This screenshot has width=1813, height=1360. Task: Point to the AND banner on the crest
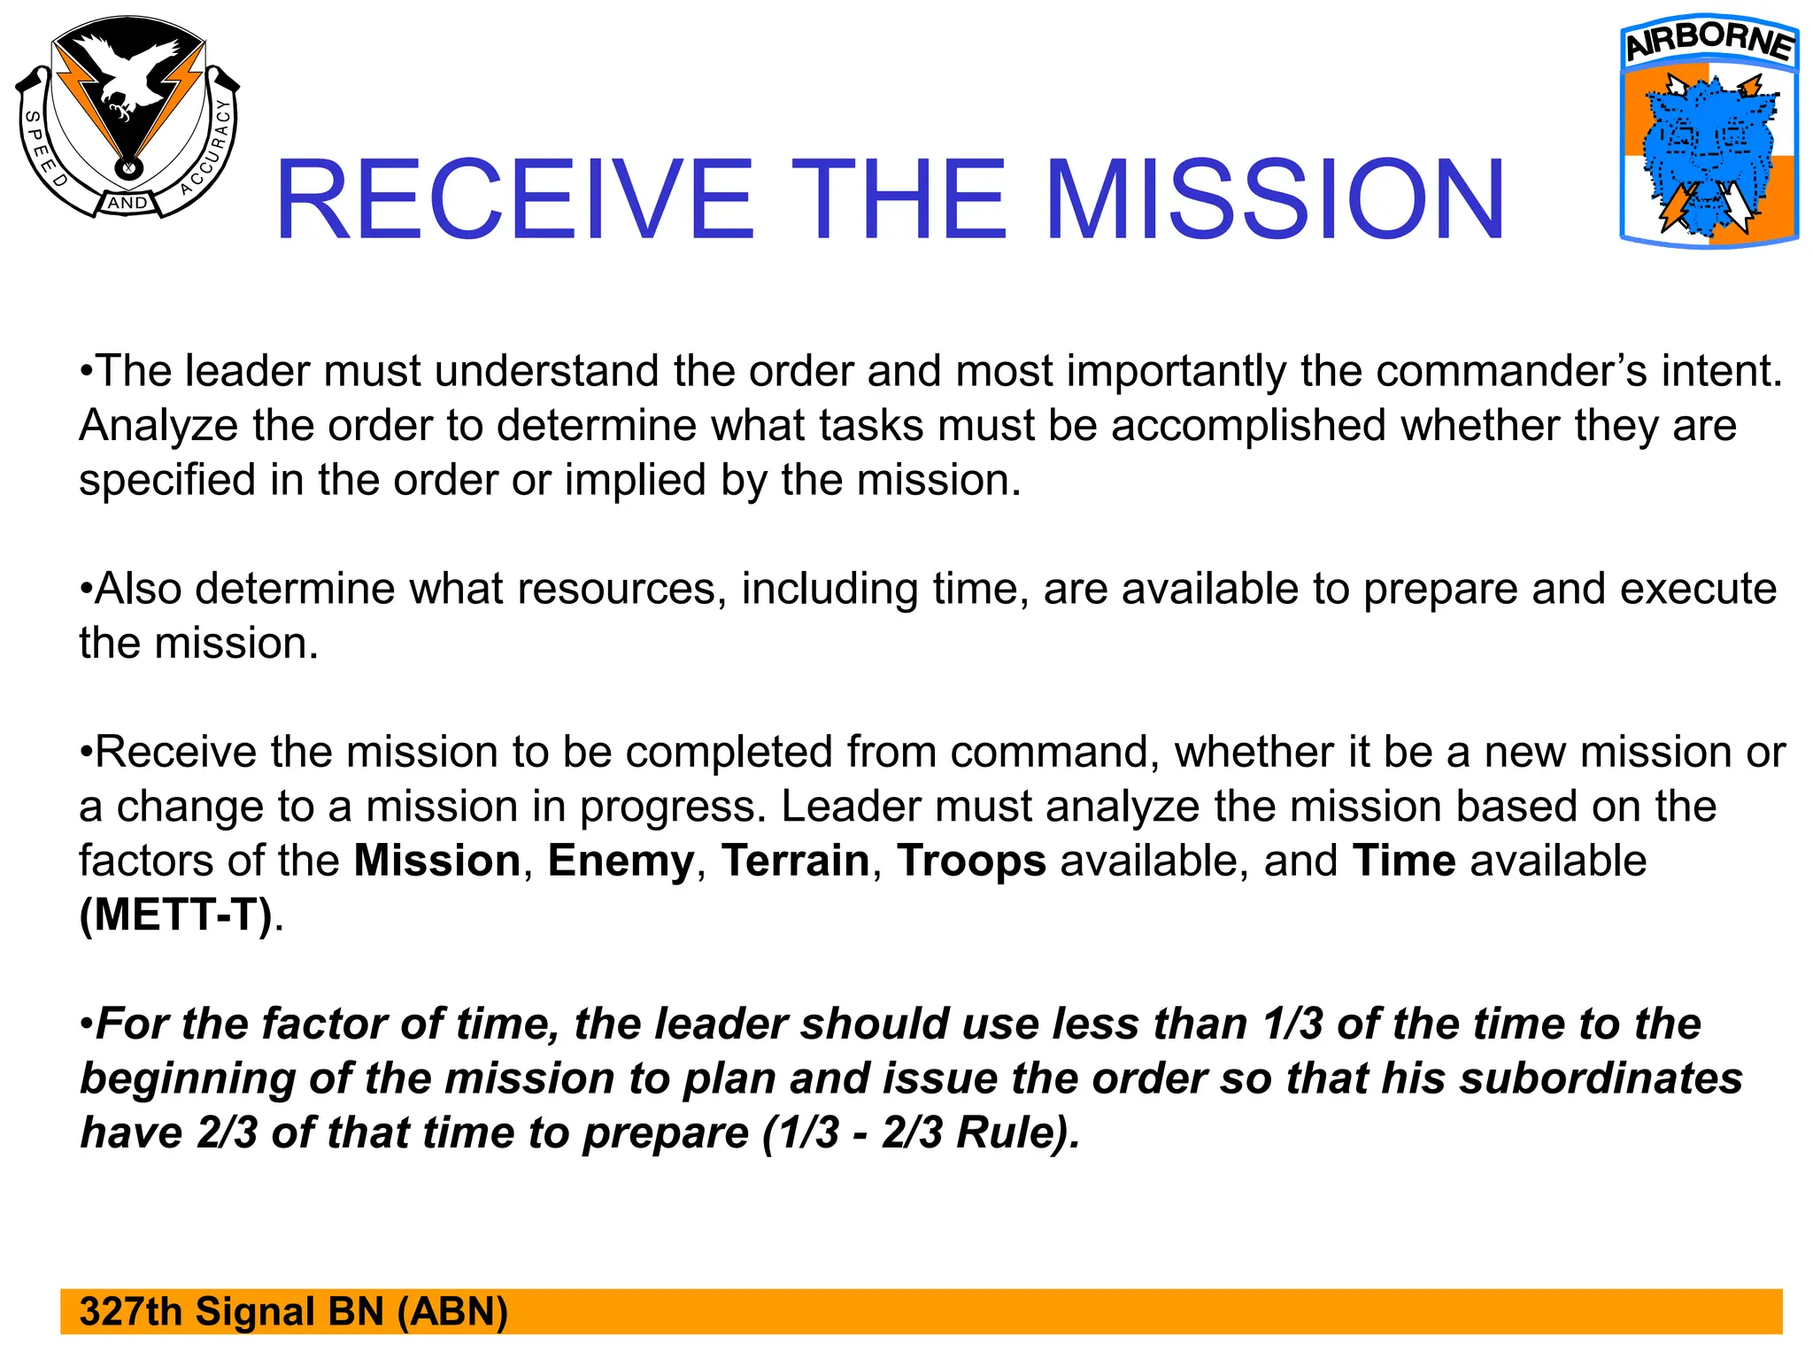pos(128,203)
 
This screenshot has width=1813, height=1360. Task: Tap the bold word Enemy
pos(621,862)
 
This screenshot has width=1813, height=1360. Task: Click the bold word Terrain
pos(795,862)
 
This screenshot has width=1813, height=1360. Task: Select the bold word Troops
pos(971,862)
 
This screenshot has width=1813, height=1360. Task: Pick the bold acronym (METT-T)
pos(176,916)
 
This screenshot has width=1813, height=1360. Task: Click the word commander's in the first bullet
pos(1511,371)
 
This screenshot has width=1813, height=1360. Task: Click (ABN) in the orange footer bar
pos(452,1312)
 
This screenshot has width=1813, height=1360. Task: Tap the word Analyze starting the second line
pos(158,426)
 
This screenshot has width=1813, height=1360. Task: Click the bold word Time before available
pos(1404,862)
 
